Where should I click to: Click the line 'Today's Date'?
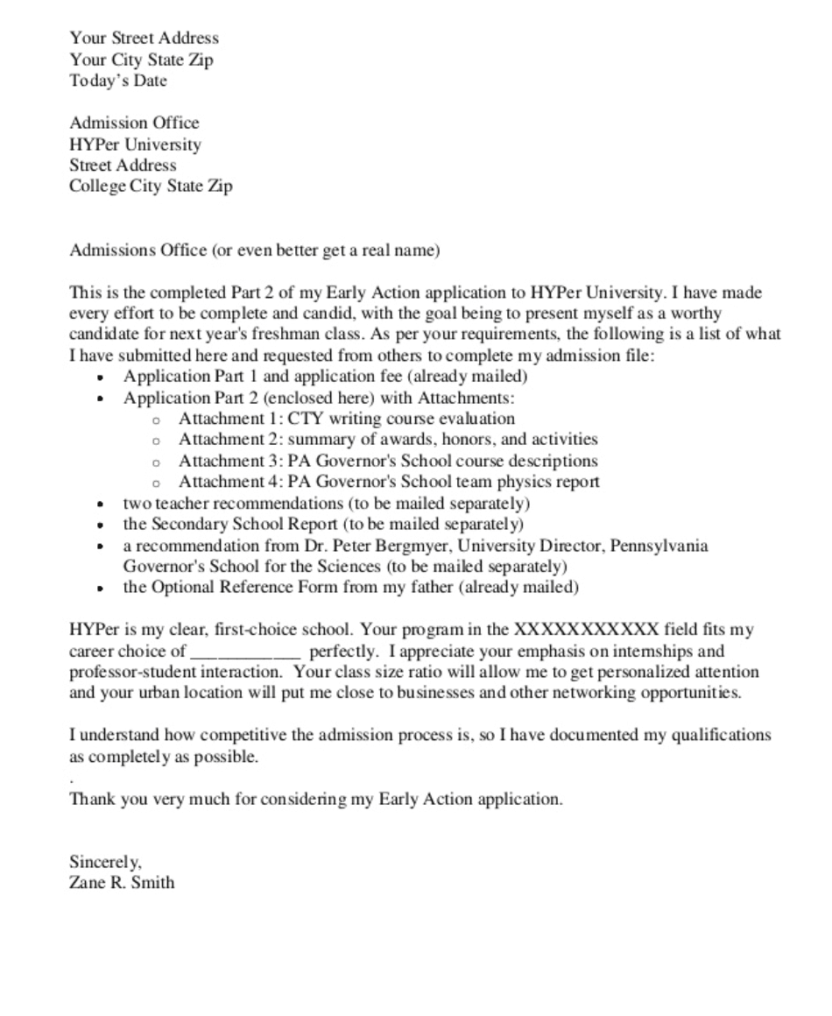(118, 81)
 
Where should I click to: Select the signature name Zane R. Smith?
(122, 882)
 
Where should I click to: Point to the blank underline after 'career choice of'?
(246, 652)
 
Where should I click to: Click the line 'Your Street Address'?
(145, 39)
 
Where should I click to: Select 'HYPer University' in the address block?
(135, 145)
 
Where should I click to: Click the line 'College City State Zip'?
(151, 187)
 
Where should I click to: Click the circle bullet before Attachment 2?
(157, 441)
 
